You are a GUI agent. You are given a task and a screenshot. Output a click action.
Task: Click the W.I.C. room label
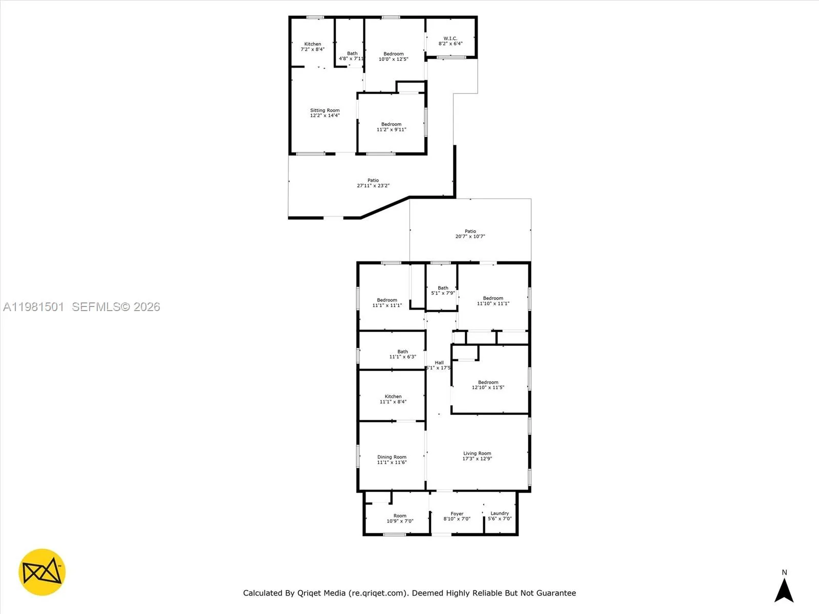tap(450, 38)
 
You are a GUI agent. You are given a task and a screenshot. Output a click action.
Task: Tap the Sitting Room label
tap(325, 110)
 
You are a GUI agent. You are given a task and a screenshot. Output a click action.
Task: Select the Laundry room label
tap(500, 513)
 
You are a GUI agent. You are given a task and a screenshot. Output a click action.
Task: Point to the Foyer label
tap(457, 514)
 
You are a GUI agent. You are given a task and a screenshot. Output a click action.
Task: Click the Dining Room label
tap(392, 457)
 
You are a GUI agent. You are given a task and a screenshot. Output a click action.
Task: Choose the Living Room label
tap(477, 453)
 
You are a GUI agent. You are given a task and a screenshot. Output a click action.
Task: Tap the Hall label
tap(439, 363)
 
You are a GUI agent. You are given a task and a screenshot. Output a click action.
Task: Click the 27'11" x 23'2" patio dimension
tap(373, 186)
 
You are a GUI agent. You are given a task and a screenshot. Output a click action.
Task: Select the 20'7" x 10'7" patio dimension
tap(470, 236)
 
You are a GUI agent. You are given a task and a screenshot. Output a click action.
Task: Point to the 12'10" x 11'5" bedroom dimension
tap(488, 388)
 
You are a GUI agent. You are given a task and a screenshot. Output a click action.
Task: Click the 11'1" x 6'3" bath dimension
tap(402, 357)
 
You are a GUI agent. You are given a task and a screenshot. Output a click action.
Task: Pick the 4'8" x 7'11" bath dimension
tap(352, 59)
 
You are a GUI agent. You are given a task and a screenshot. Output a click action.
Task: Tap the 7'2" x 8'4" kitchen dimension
tap(312, 50)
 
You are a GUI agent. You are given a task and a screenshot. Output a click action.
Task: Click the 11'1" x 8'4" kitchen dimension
tap(393, 402)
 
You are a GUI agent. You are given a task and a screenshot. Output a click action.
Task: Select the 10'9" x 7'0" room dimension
tap(400, 521)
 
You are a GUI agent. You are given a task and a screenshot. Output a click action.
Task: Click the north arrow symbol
tap(784, 590)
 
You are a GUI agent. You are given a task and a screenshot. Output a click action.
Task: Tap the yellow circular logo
tap(42, 572)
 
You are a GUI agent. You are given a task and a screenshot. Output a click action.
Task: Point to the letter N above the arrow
tap(784, 573)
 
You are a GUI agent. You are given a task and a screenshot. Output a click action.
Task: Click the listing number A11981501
tap(34, 307)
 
